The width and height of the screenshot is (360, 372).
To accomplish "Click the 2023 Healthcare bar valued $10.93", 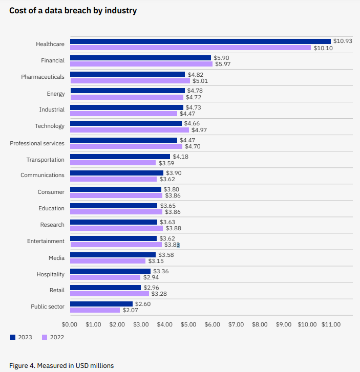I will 200,41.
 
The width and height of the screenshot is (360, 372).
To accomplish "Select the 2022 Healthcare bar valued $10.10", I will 190,48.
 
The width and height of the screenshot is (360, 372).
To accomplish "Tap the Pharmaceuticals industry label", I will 43,77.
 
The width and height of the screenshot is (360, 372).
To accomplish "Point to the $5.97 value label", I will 223,64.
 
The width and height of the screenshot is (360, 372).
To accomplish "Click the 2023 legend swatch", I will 13,337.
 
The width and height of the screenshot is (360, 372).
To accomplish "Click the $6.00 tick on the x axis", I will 212,324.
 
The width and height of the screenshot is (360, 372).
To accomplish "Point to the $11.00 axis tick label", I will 331,324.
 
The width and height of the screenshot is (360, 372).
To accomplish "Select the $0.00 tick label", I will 69,324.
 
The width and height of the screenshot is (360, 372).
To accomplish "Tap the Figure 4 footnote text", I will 61,365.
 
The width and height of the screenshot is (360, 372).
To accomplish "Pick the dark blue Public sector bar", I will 101,304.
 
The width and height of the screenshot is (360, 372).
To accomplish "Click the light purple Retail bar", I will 109,294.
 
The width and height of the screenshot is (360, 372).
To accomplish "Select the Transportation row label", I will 45,160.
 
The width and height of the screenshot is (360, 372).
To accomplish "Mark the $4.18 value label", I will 181,157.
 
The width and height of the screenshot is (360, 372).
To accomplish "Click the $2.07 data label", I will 131,310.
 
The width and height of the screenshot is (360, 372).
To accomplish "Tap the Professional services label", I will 37,143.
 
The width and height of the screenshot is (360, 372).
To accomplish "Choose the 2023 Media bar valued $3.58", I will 113,255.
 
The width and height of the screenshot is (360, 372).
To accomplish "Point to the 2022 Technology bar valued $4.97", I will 129,130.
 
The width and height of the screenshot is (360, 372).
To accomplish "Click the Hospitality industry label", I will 50,274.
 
